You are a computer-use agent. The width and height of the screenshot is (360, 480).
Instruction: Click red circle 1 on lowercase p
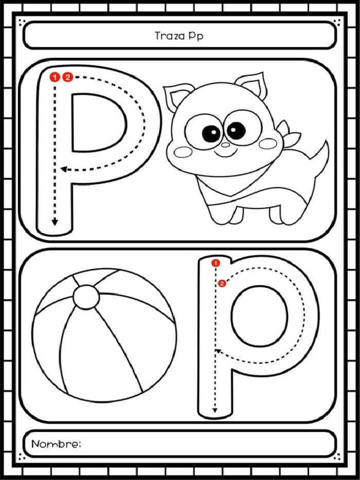215,263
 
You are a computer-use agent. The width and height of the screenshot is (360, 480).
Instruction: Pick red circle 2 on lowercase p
222,283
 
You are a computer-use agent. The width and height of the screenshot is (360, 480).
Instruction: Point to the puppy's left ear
178,96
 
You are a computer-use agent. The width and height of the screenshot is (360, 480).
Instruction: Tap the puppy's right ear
252,85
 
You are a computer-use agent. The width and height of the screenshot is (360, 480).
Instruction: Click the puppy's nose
225,144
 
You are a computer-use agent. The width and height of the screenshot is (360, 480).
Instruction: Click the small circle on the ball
86,297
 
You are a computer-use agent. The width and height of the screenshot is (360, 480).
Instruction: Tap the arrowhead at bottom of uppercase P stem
55,222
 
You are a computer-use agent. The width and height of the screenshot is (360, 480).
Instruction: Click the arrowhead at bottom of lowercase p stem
215,410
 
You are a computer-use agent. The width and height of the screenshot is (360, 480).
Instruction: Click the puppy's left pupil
211,134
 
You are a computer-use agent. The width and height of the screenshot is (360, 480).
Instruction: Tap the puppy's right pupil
236,130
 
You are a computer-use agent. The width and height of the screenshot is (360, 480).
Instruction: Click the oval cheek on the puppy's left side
182,152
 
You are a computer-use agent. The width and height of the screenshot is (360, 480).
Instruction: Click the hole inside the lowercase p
259,316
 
